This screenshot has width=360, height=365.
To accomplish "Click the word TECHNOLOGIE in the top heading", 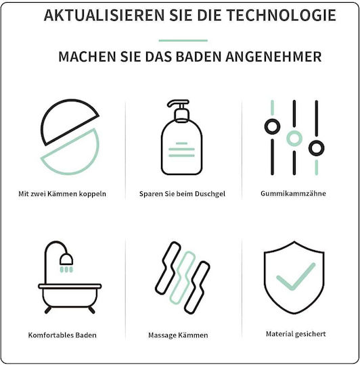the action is pyautogui.click(x=282, y=15).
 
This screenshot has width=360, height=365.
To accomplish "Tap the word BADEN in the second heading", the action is pyautogui.click(x=198, y=57).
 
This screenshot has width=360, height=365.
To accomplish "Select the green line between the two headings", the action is pyautogui.click(x=183, y=41).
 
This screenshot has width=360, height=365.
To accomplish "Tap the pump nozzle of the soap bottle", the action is pyautogui.click(x=178, y=103).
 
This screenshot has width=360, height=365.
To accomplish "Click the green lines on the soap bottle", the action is pyautogui.click(x=181, y=149).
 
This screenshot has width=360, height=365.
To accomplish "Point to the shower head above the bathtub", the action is pyautogui.click(x=66, y=259).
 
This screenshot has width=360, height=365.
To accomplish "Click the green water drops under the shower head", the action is pyautogui.click(x=66, y=270).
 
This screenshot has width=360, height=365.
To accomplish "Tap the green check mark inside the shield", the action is pyautogui.click(x=296, y=276).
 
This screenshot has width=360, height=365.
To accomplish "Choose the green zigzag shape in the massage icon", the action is pyautogui.click(x=183, y=278).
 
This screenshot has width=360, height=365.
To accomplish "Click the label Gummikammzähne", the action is pyautogui.click(x=293, y=193).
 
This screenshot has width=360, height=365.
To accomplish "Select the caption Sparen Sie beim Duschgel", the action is pyautogui.click(x=182, y=194).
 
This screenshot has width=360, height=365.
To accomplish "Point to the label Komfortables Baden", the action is pyautogui.click(x=62, y=335).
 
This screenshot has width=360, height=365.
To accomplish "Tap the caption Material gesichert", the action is pyautogui.click(x=296, y=334).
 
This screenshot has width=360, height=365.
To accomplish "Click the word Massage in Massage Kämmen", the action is pyautogui.click(x=162, y=335).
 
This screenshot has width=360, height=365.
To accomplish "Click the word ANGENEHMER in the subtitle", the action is pyautogui.click(x=273, y=57).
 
